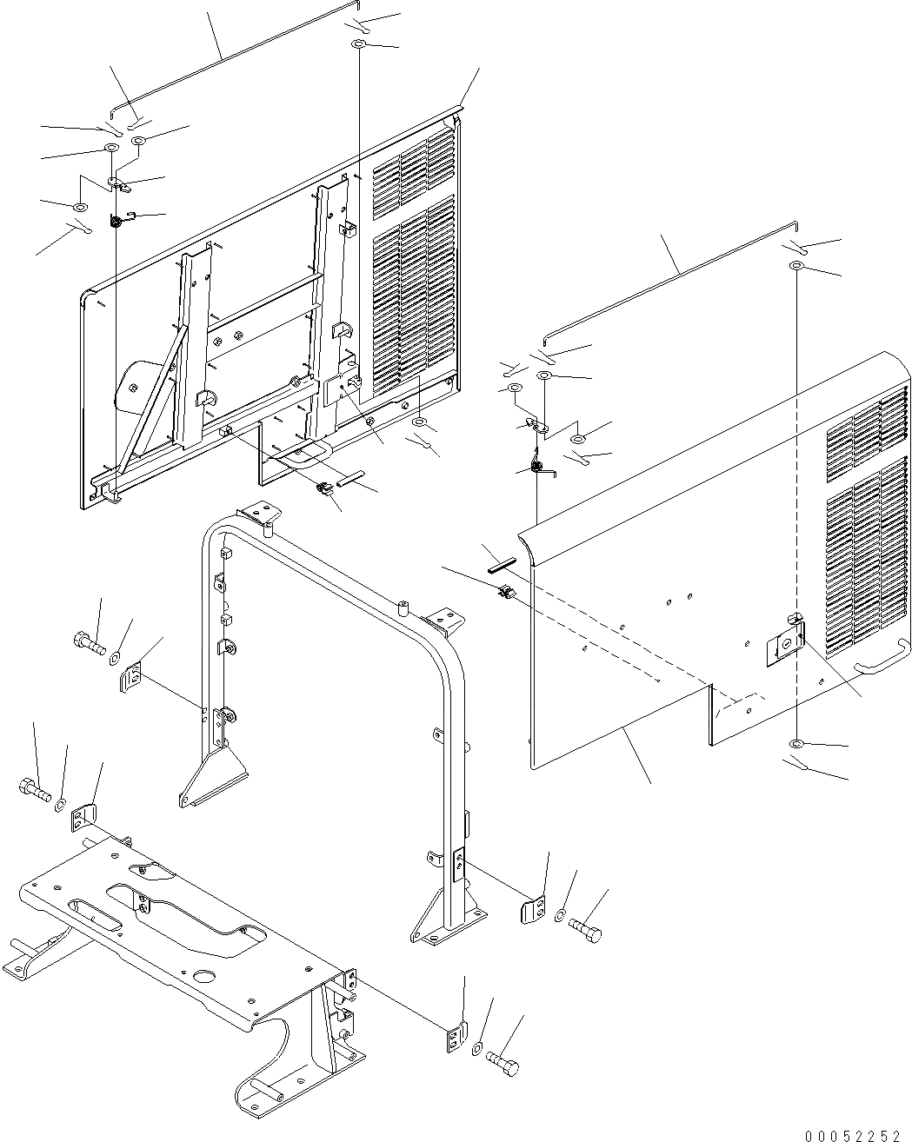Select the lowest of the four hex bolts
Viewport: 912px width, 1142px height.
point(502,1062)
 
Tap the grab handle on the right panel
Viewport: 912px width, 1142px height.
point(880,667)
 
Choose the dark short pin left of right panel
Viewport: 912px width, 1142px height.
point(502,563)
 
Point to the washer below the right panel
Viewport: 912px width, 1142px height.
point(796,744)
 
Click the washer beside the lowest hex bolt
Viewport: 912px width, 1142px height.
point(478,1049)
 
